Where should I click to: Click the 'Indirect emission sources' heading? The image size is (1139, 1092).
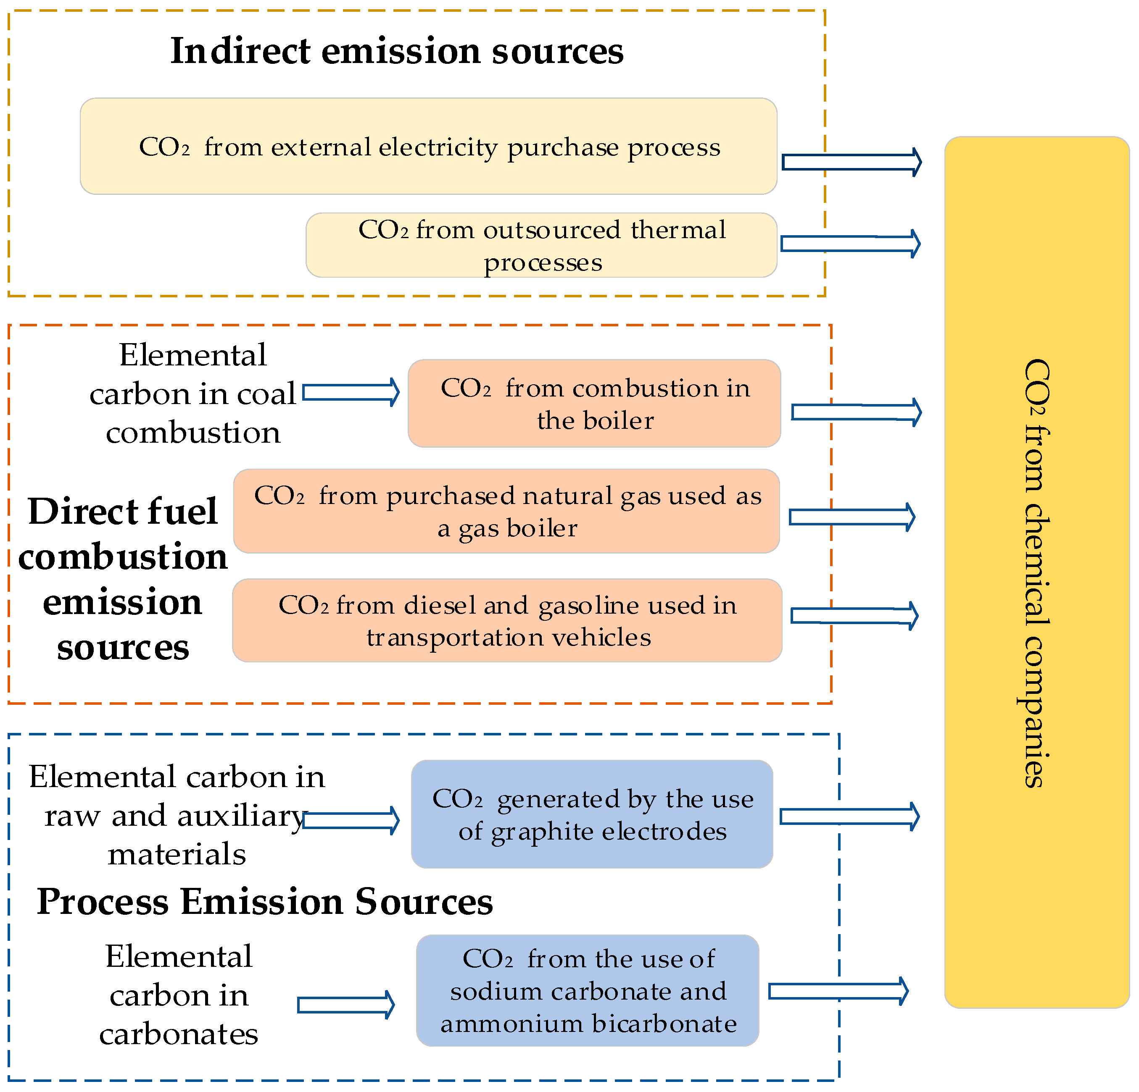(x=397, y=51)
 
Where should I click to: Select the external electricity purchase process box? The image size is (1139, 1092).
(x=428, y=147)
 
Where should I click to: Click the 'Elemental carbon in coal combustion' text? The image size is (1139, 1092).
(x=192, y=394)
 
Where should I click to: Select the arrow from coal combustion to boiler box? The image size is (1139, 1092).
(x=351, y=392)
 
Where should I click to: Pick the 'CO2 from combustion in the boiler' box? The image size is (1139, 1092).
(x=594, y=404)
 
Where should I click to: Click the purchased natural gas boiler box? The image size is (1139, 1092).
(x=506, y=511)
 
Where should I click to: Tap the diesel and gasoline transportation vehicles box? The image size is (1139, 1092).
(x=507, y=620)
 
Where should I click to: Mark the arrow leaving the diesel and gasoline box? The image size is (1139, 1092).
(x=854, y=616)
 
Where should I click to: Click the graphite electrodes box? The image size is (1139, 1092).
(x=592, y=814)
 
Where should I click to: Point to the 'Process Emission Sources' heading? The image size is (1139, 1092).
(x=264, y=902)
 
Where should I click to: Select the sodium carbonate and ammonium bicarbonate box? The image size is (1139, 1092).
(x=588, y=990)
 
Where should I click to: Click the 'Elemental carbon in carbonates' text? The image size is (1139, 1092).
(x=178, y=995)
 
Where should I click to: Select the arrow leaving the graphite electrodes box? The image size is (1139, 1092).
(x=849, y=816)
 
